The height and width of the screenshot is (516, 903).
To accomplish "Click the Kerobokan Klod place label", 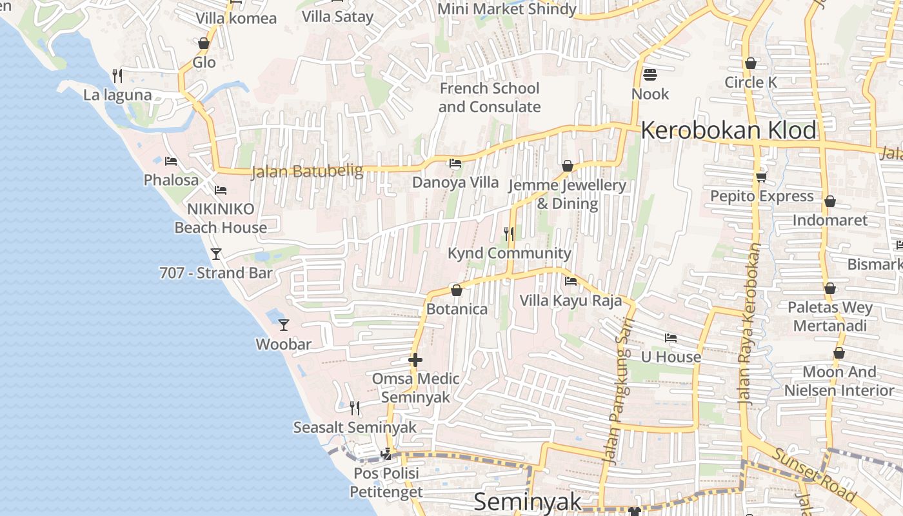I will point(729,131).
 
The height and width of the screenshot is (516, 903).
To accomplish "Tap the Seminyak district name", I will point(528,502).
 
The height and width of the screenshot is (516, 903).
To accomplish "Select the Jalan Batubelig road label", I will point(306,172).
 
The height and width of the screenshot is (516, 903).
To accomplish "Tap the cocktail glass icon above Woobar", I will point(283,324).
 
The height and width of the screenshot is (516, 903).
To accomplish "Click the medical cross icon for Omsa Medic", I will point(415,360).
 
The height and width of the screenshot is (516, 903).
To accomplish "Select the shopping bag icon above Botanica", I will point(457,290).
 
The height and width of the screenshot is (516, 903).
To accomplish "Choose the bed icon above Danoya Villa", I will point(455,163).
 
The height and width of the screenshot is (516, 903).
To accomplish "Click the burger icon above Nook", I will point(650,75).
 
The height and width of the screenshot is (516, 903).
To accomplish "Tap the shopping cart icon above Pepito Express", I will point(761,177).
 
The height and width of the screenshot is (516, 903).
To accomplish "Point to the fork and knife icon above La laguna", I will point(117,76).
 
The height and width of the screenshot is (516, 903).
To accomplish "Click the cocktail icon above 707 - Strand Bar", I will point(216,254).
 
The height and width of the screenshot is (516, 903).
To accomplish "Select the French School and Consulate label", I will point(490,97).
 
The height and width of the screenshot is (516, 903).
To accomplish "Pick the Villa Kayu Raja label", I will point(571,301).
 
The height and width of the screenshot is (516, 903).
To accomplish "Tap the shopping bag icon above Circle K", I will point(750,63).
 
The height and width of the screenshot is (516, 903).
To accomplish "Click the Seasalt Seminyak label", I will point(355,428).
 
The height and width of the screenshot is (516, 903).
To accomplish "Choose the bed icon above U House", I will point(671,338).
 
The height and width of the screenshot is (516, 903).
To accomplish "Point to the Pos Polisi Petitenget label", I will point(386,482).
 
